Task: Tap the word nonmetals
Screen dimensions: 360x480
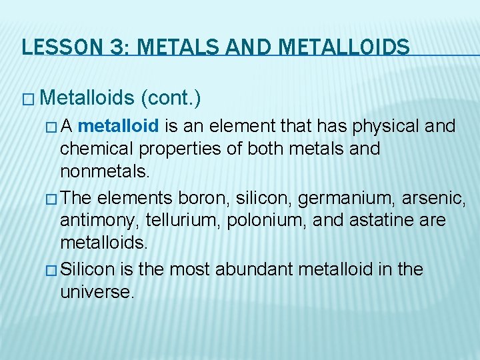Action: tap(103, 171)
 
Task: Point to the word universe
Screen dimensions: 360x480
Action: tap(97, 292)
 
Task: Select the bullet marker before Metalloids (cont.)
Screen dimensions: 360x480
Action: tap(27, 99)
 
